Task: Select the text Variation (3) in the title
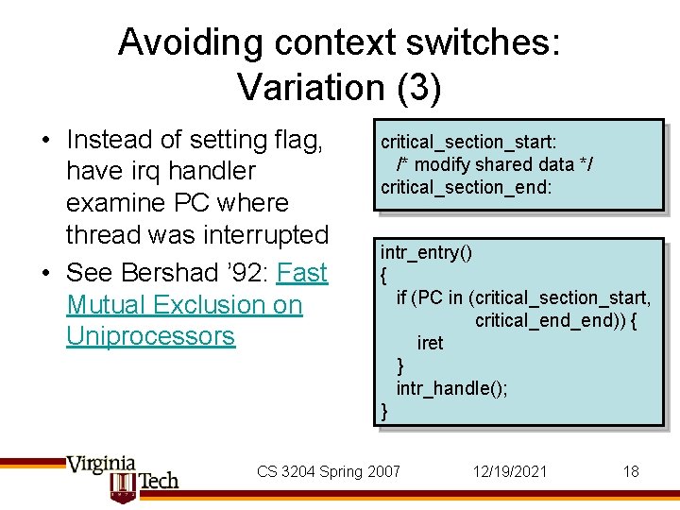tap(339, 87)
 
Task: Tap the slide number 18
tap(631, 471)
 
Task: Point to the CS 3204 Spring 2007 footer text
tap(329, 471)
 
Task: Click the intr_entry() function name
tap(426, 252)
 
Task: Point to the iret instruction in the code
tap(430, 343)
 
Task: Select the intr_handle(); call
tap(451, 388)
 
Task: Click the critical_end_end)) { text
tap(555, 320)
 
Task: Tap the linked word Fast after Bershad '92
tap(302, 273)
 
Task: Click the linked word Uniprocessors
tap(150, 336)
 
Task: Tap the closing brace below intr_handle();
tap(383, 410)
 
